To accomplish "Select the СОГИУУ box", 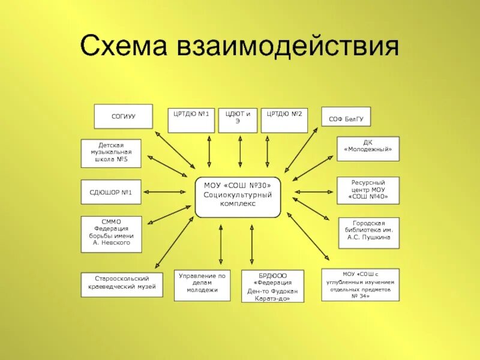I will point(123,116).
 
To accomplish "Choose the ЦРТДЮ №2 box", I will point(284,120).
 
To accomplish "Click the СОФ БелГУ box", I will point(346,119).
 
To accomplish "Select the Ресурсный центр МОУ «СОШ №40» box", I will point(368,190).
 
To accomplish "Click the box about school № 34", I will point(360,285).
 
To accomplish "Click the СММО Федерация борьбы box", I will point(111,234).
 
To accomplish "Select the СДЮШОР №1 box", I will point(111,192).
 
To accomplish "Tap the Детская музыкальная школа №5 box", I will point(111,154).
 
